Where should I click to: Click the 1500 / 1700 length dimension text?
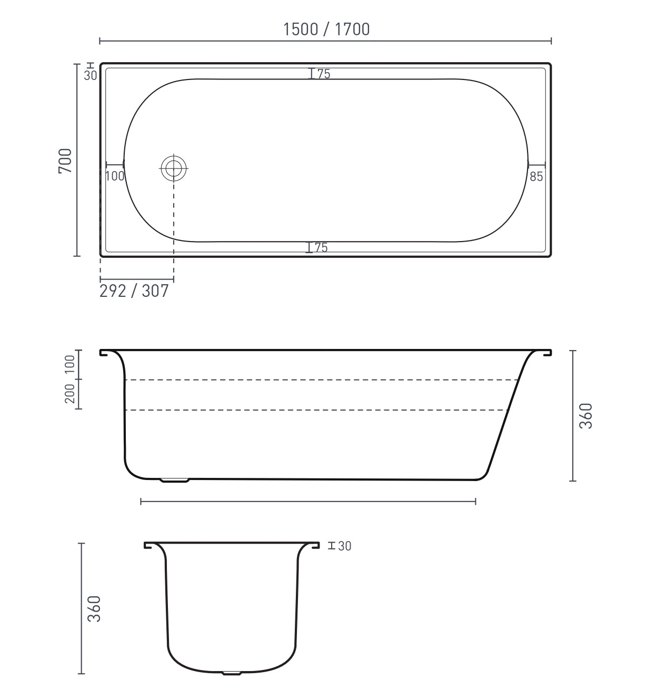pos(326,29)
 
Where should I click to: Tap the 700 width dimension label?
pos(65,161)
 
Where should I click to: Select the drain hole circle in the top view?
pos(173,168)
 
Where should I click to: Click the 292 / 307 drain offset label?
pos(134,291)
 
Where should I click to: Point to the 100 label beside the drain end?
pos(115,176)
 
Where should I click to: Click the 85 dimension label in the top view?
pos(536,177)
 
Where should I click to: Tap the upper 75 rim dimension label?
pos(324,74)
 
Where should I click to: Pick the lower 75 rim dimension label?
pos(321,247)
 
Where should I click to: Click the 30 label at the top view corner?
pos(91,75)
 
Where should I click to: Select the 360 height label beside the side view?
pos(586,416)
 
